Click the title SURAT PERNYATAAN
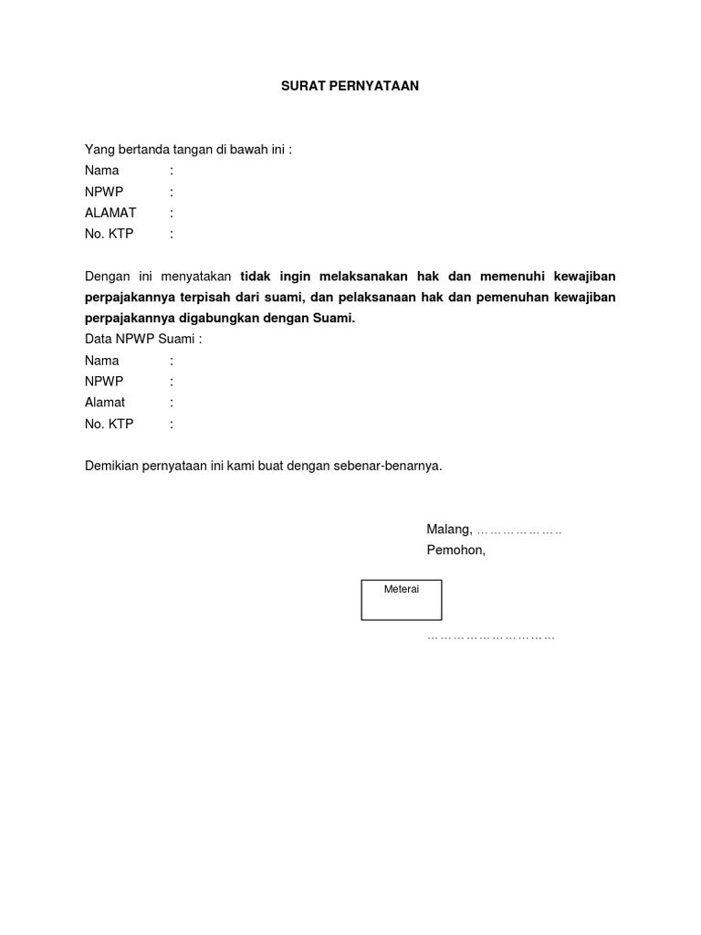349,87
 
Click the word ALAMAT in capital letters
110,213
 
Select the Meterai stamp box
402,600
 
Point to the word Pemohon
455,551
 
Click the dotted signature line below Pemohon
491,636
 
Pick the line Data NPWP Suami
143,340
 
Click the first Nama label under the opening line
102,171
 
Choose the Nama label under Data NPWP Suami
102,361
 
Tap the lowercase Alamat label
105,403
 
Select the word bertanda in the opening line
137,150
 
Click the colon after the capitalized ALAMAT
172,213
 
